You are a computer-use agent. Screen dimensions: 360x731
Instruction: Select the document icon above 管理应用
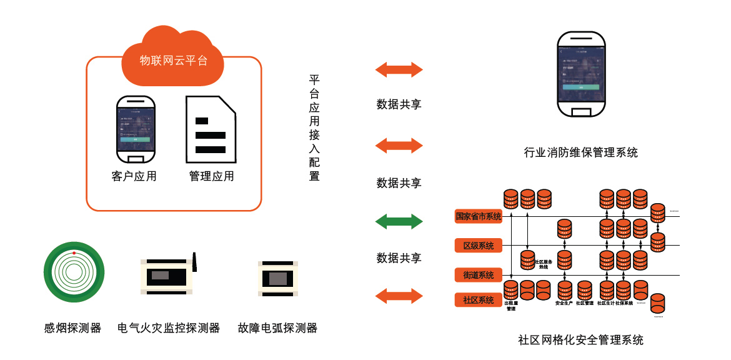(x=211, y=129)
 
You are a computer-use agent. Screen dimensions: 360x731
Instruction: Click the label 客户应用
(x=134, y=176)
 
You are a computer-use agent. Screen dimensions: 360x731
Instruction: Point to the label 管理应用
(x=212, y=176)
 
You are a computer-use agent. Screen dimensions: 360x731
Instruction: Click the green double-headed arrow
(x=399, y=221)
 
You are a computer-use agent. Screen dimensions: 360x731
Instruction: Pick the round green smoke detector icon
(x=74, y=272)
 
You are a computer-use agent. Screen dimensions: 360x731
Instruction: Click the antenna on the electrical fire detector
(x=194, y=262)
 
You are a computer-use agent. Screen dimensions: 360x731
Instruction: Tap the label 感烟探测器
(x=72, y=327)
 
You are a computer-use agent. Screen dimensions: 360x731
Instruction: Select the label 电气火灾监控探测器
(x=169, y=327)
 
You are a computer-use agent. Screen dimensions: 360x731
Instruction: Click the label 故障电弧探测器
(x=277, y=327)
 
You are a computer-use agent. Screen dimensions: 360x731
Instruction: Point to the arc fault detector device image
(x=277, y=277)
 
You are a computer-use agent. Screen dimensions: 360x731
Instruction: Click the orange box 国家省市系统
(x=479, y=216)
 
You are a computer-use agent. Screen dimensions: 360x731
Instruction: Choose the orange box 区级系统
(x=479, y=246)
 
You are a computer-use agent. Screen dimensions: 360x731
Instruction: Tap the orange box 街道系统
(x=479, y=274)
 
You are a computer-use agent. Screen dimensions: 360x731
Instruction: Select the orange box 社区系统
(x=479, y=300)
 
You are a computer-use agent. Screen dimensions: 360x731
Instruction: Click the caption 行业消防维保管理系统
(x=581, y=152)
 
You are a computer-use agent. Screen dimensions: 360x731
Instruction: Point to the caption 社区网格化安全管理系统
(x=581, y=341)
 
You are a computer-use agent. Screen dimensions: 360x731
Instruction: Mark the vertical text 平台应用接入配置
(x=314, y=128)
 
